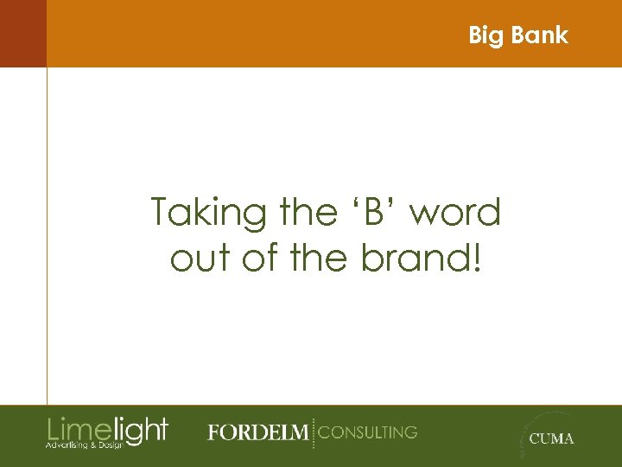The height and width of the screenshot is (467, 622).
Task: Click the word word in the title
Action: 457,212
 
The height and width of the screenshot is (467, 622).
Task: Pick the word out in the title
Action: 204,257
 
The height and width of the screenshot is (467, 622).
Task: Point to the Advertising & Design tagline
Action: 85,445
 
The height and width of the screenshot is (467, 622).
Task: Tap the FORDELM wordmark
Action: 257,432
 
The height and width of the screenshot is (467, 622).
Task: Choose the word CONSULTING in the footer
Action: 368,432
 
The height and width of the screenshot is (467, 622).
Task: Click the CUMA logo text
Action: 551,438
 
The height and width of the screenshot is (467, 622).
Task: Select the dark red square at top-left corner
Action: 22,33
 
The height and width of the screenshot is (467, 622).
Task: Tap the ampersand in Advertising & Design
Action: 92,445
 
